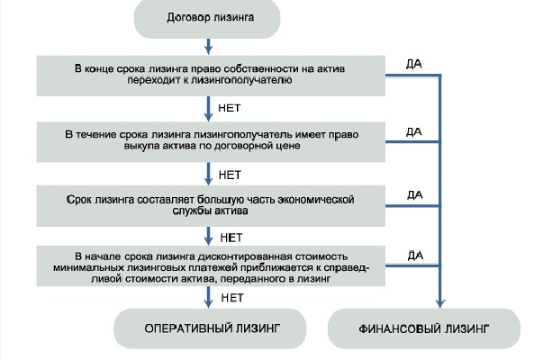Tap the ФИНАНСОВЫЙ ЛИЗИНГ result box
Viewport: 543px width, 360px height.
click(423, 329)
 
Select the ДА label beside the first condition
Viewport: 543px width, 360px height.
click(414, 63)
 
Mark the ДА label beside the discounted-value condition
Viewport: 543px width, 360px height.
click(414, 256)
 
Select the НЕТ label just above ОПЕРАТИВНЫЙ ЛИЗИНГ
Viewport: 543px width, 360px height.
click(232, 296)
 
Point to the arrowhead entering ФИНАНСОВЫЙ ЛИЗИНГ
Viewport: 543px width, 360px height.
click(439, 302)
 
